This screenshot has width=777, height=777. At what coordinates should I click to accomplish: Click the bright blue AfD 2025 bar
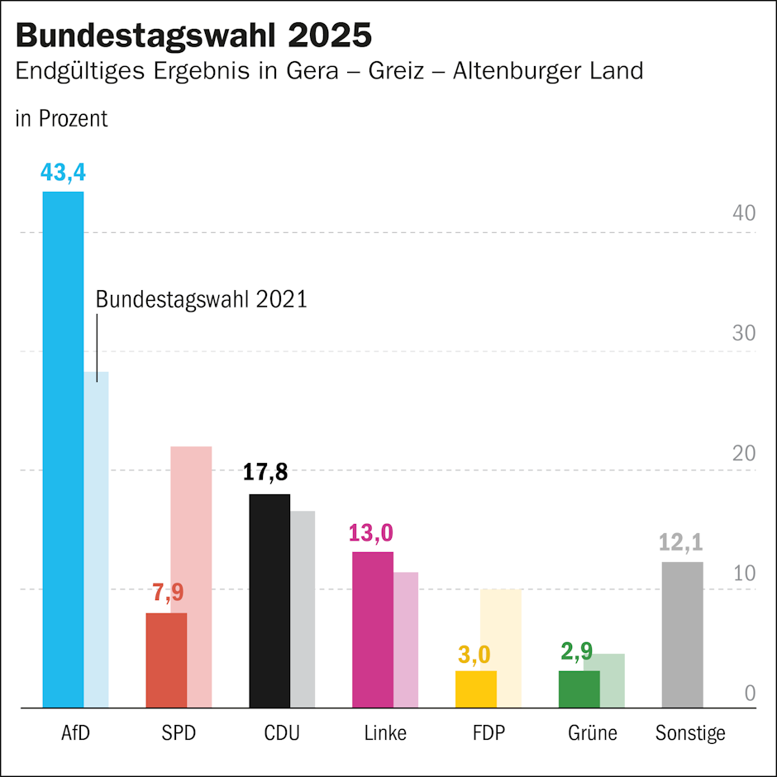coord(63,450)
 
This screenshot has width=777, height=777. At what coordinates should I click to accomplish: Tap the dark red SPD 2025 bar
coord(166,660)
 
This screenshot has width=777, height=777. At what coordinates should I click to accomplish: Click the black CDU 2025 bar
coord(269,601)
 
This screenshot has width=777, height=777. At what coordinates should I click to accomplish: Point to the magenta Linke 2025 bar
coord(373,630)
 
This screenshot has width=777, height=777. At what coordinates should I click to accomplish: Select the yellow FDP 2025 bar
coord(476,689)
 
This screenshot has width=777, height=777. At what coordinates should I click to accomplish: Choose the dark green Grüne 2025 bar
coord(579,689)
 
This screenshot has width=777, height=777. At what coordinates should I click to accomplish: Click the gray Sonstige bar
coord(682,635)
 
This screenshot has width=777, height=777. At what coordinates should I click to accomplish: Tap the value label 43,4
coord(63,174)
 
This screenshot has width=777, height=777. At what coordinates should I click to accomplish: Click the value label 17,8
coord(265,473)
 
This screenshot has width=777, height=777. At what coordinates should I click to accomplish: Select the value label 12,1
coord(682,542)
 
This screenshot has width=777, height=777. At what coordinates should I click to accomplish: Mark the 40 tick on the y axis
coord(744,213)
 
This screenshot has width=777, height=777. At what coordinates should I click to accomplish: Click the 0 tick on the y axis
coord(750,694)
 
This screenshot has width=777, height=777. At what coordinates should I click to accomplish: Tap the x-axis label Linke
coord(385,733)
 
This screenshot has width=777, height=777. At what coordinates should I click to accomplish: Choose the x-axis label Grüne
coord(593,733)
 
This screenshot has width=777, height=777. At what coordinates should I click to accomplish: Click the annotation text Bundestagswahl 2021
coord(201,299)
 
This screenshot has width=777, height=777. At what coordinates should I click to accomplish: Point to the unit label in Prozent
coord(61,119)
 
